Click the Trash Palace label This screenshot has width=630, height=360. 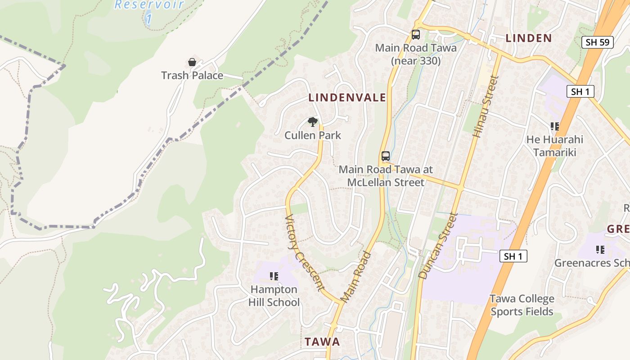192,75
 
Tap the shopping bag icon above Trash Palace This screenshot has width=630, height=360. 192,62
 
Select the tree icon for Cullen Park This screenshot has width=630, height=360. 313,121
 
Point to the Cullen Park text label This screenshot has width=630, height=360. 313,135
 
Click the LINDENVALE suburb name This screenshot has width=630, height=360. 347,98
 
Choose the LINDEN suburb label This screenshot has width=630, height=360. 528,38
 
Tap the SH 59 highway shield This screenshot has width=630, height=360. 598,43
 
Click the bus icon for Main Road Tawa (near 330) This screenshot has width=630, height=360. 416,35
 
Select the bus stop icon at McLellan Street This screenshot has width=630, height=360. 386,156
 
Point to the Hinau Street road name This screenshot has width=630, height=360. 486,107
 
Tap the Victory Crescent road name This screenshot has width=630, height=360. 305,252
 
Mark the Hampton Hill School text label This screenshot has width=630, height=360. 274,296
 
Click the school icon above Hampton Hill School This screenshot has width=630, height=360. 274,276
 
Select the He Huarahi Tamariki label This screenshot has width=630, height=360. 554,146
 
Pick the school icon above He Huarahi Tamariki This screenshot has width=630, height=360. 554,127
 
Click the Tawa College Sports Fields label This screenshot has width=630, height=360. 522,305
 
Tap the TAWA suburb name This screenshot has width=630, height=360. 322,342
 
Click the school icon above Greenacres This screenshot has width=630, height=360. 600,249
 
